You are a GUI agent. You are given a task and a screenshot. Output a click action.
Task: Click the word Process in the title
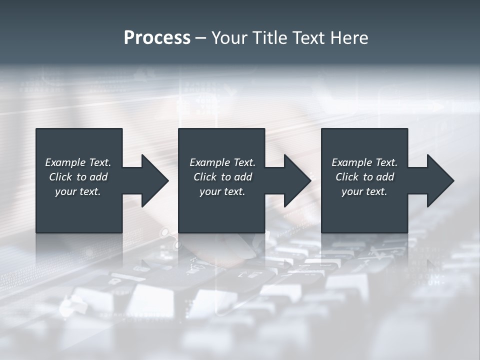[157, 38]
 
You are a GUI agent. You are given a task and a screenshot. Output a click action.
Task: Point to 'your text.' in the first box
[78, 191]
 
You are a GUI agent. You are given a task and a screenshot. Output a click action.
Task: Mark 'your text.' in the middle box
[222, 191]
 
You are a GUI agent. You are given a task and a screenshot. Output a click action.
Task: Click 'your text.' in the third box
[364, 191]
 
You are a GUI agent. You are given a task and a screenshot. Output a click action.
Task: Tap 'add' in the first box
[98, 177]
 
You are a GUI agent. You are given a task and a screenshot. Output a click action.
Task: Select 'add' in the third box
[385, 177]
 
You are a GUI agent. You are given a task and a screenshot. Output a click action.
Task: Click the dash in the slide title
[200, 38]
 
